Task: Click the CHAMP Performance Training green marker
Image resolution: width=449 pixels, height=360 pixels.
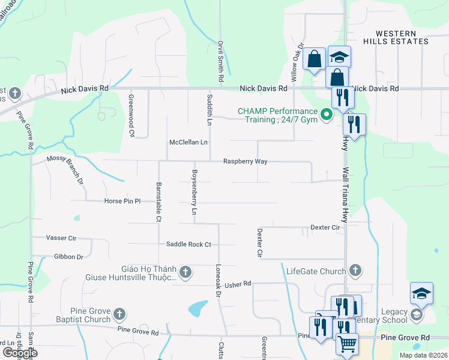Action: coord(327,114)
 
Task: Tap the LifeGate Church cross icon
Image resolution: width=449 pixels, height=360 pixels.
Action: coord(356,271)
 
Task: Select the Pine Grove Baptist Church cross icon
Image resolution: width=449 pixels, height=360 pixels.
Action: coord(119,314)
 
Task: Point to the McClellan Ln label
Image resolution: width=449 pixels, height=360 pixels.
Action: coord(188,143)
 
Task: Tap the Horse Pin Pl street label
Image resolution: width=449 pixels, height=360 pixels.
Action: coord(122,201)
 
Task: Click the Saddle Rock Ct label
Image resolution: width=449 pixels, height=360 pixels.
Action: coord(189,244)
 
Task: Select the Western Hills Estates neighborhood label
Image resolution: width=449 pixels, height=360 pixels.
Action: coord(402,37)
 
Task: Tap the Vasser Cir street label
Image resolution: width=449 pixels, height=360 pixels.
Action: coord(61,238)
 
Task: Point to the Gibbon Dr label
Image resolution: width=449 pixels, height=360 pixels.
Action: coord(68,257)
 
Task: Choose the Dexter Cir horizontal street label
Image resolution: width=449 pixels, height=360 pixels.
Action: coord(325,227)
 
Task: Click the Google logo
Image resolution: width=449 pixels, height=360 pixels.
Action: coord(20,352)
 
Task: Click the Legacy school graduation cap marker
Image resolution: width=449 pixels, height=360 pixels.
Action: coord(421,293)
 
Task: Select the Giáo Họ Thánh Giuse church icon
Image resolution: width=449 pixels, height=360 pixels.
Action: coord(185,272)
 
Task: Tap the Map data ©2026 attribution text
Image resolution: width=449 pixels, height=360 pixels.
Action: coord(423,355)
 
